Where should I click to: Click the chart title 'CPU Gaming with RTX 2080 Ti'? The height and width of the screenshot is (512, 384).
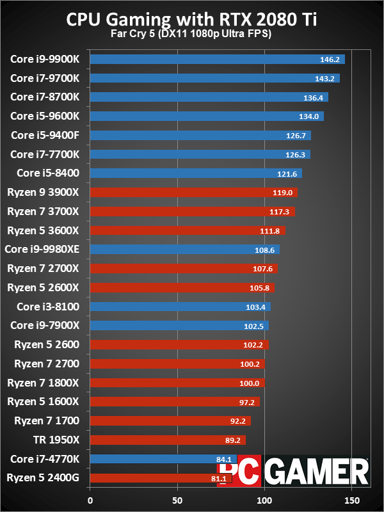coord(192,20)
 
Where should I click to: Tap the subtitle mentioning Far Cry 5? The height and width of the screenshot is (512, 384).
coord(192,34)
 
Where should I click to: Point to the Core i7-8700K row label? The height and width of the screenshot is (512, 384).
coord(45,97)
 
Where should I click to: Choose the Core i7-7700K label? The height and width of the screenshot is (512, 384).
coord(45,154)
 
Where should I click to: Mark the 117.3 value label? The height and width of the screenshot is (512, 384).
coord(281,211)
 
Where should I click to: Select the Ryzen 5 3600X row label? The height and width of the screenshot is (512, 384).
coord(43,230)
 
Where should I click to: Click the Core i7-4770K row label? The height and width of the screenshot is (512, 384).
coord(45,459)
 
